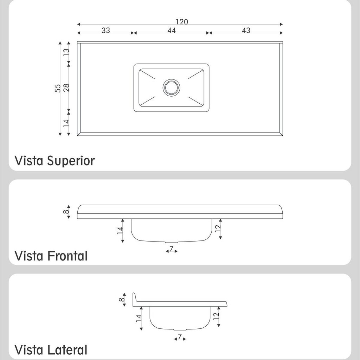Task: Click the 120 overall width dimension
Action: tap(182, 22)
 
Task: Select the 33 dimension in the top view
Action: tap(106, 30)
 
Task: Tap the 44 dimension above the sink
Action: tap(172, 30)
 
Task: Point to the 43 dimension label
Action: tap(246, 30)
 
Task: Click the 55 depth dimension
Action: tap(58, 88)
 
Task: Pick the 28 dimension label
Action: tap(66, 88)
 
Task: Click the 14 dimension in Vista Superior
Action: tap(66, 123)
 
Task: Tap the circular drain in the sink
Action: tap(171, 88)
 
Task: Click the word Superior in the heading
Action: tap(71, 161)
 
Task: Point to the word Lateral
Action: tap(67, 350)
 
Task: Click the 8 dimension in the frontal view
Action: tap(66, 211)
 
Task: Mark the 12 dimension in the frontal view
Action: tap(218, 228)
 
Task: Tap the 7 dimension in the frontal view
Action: tap(171, 249)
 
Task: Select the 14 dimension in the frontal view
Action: tap(120, 230)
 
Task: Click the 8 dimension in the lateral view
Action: tap(122, 300)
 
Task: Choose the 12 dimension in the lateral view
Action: tap(216, 316)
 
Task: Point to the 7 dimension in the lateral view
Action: tap(180, 336)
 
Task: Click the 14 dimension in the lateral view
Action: tap(139, 318)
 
